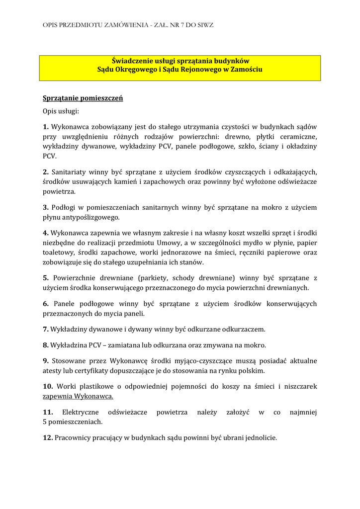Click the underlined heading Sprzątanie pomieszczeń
pos(83,98)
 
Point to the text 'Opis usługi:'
pos(61,112)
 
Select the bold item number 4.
pos(46,233)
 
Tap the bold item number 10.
pos(48,386)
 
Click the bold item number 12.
pos(48,438)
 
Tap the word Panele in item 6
pos(66,304)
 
